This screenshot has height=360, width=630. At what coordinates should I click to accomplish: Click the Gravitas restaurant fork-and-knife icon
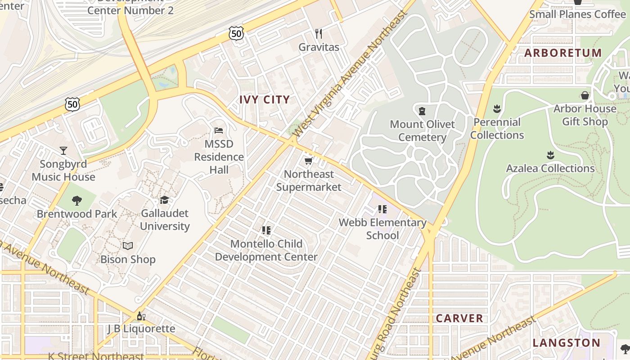(319, 34)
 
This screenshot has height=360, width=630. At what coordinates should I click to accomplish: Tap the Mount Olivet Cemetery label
(422, 130)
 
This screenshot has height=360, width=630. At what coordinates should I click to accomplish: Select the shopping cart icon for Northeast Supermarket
(308, 161)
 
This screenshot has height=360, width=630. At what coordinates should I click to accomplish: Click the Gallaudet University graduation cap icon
(164, 200)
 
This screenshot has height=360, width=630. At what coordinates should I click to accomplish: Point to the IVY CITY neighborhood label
(264, 100)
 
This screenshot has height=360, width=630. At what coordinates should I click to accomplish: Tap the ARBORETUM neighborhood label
(562, 53)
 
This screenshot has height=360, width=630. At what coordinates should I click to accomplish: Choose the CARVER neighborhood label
(459, 318)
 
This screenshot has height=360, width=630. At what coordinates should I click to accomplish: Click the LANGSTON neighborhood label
(566, 343)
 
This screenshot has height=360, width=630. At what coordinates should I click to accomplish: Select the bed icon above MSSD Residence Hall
(219, 130)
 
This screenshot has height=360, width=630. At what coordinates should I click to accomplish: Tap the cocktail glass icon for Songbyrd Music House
(63, 150)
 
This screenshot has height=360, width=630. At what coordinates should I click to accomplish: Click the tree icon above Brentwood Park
(77, 200)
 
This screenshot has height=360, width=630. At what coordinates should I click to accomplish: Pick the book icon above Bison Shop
(128, 246)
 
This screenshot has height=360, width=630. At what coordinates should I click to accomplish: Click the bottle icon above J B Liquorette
(141, 316)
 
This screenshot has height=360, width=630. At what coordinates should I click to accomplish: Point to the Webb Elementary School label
(382, 229)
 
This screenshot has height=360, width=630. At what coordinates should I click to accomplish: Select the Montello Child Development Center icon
(266, 230)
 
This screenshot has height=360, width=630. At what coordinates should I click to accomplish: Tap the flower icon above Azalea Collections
(550, 155)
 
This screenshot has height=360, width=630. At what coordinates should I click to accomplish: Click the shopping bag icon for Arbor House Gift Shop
(585, 95)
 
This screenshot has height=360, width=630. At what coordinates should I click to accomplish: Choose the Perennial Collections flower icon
(497, 108)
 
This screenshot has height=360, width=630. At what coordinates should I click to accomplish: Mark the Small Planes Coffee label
(577, 14)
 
